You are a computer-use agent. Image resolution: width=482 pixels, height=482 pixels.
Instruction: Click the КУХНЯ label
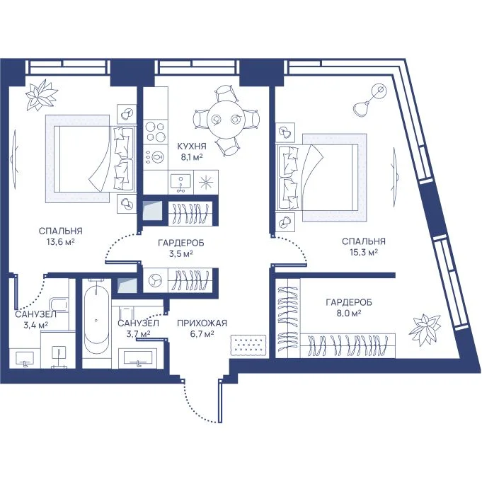(192, 147)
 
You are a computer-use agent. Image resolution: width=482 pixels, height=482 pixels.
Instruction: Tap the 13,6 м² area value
(61, 241)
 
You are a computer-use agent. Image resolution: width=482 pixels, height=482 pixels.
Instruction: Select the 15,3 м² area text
(364, 253)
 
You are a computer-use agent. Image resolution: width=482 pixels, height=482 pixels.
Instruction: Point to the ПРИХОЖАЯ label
(202, 323)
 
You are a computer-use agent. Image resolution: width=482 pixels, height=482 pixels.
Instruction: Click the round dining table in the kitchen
(226, 120)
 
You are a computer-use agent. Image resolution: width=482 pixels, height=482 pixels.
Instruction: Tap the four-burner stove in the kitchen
(156, 131)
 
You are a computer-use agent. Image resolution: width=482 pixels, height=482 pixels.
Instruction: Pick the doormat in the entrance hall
(248, 345)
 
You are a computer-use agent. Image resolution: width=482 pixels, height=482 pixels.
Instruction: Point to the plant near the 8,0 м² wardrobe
(425, 328)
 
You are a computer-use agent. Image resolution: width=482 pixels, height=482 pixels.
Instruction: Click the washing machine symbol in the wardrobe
(155, 280)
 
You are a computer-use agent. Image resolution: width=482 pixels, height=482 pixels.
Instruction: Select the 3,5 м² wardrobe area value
(181, 254)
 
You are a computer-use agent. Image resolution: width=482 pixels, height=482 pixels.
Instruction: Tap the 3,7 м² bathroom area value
(138, 333)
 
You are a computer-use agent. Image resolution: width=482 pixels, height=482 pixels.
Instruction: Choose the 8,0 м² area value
(349, 314)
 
